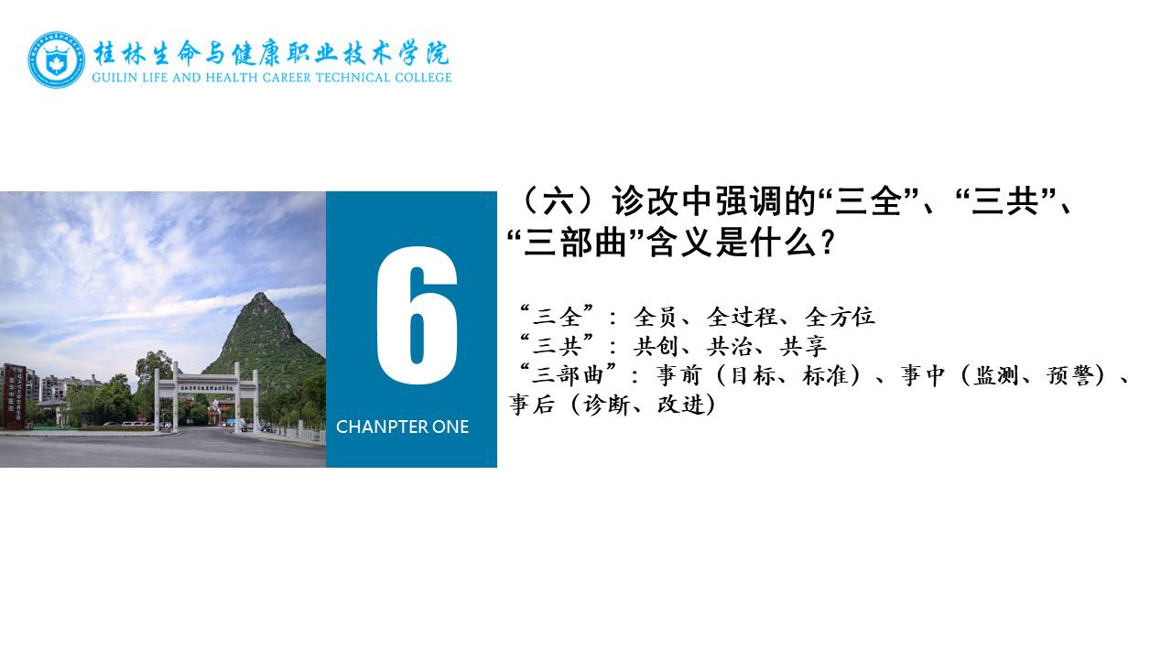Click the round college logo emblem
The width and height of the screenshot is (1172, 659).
[57, 59]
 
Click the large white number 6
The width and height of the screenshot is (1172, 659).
[417, 316]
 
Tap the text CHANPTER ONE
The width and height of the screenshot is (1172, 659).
[402, 427]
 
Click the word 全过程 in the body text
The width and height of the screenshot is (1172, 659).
[743, 317]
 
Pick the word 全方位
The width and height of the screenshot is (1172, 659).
[840, 317]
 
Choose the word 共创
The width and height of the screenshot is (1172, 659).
[657, 346]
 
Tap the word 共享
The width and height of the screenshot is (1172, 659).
[803, 346]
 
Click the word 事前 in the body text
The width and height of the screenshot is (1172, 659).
[678, 375]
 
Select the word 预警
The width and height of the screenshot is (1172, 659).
[1070, 375]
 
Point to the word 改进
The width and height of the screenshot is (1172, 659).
[680, 405]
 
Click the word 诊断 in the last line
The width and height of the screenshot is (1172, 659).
[607, 405]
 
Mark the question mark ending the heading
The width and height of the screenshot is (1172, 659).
[828, 243]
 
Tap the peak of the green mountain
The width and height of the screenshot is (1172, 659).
[258, 294]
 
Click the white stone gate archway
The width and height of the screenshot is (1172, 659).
[207, 396]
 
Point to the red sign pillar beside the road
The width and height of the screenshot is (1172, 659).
[14, 396]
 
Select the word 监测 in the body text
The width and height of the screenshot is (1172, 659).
[996, 375]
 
